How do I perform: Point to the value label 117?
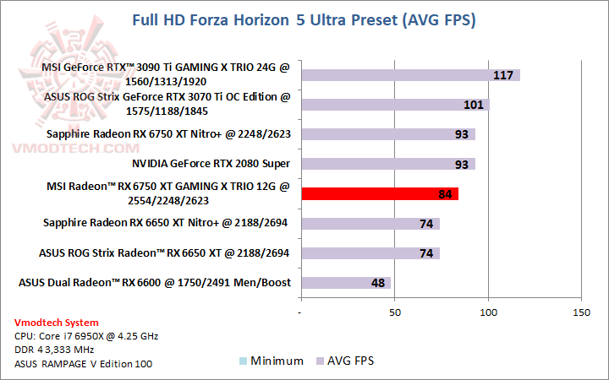[x=504, y=76]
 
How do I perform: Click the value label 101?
[x=474, y=106]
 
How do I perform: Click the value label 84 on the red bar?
[x=445, y=194]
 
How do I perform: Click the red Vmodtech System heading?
[x=56, y=323]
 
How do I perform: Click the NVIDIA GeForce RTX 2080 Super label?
[x=211, y=164]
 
